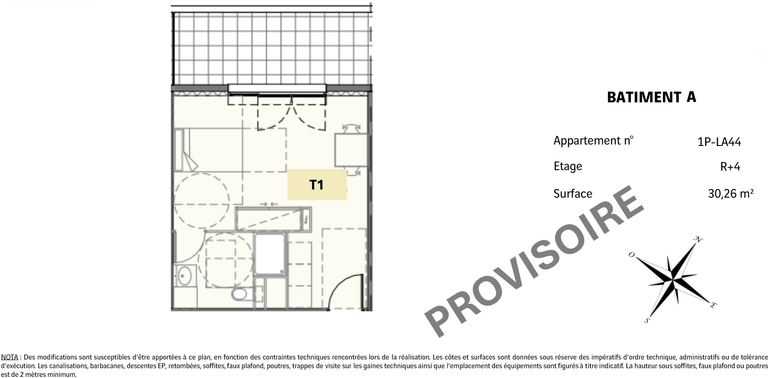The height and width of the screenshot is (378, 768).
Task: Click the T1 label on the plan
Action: [x=316, y=185]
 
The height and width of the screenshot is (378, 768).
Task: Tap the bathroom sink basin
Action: [x=184, y=276]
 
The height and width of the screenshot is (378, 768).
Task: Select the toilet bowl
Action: [x=239, y=294]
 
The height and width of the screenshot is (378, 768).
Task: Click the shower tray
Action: [x=270, y=253]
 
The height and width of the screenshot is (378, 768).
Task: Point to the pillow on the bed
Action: [x=179, y=150]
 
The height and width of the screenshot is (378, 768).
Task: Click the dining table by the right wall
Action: [x=351, y=150]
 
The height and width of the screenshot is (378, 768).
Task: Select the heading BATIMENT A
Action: [x=651, y=97]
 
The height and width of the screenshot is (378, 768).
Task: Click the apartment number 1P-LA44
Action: [x=719, y=142]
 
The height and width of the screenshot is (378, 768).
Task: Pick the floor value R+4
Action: [x=730, y=167]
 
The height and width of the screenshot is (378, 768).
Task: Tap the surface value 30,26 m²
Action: [x=731, y=193]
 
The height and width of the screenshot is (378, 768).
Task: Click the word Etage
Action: [x=568, y=166]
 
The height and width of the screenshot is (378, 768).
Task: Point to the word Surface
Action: [x=572, y=194]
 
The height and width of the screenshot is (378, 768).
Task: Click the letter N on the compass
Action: [x=698, y=239]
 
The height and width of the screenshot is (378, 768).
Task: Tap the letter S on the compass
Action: [x=647, y=320]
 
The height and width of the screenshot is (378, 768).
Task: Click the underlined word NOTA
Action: [x=10, y=358]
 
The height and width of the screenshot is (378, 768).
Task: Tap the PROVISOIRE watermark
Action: [x=534, y=261]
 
